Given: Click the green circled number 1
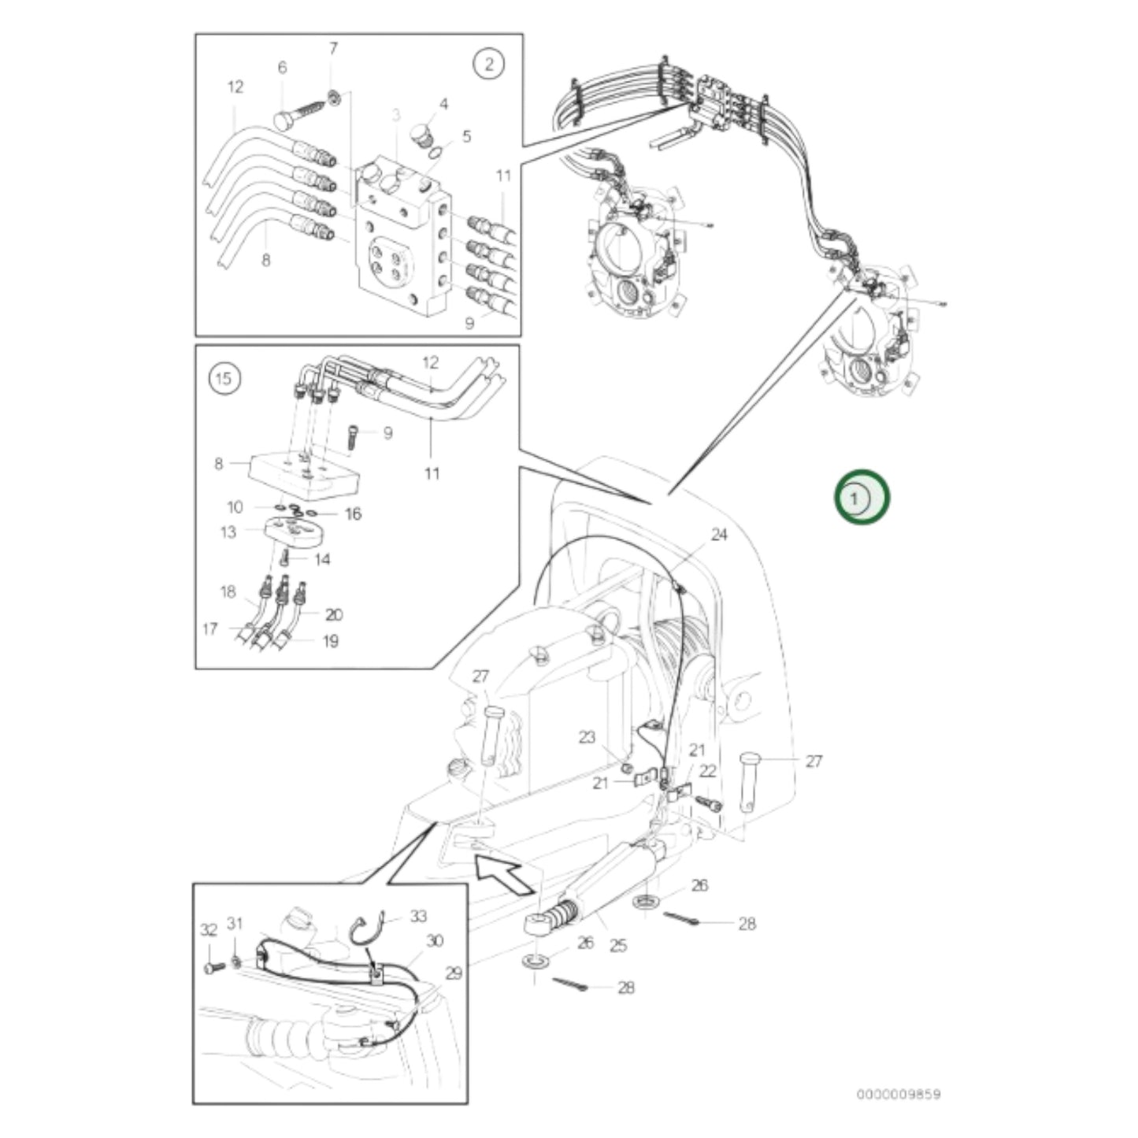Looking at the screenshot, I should (x=862, y=498).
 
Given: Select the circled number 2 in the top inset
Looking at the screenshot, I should (x=488, y=65).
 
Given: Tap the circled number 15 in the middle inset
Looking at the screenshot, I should (x=224, y=380).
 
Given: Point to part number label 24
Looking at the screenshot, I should (x=719, y=535).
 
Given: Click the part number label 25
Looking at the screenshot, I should (x=618, y=945).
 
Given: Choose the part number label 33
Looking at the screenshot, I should (x=418, y=916).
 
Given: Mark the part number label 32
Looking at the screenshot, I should (x=208, y=930).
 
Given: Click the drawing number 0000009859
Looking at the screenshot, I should (x=898, y=1094).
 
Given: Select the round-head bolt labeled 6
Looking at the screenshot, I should (x=296, y=115).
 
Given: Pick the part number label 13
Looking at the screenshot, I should (x=228, y=532).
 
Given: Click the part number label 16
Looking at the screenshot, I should (x=353, y=514).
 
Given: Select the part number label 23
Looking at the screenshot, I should (x=587, y=737).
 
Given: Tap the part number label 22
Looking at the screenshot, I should (x=707, y=771).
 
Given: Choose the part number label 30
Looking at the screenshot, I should (x=434, y=940).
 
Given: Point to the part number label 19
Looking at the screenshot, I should (x=331, y=641).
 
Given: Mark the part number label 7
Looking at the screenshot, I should (x=333, y=50).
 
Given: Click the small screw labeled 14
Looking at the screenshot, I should (x=287, y=558).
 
